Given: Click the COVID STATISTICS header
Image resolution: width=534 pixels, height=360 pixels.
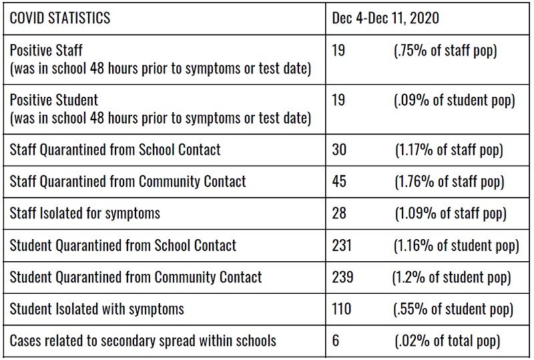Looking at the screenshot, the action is click(60, 18).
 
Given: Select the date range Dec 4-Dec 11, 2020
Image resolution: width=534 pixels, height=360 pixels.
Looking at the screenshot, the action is click(386, 18).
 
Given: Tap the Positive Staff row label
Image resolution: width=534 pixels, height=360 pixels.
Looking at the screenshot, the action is click(46, 51).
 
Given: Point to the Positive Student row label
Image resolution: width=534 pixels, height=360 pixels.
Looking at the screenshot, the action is click(54, 100).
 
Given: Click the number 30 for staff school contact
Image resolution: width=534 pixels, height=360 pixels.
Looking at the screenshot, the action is click(339, 150).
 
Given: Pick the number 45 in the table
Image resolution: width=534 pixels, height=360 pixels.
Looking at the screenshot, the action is click(339, 182).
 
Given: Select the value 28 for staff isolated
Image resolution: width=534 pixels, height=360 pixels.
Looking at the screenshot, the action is click(339, 213).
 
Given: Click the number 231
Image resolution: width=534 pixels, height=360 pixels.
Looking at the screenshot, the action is click(342, 245).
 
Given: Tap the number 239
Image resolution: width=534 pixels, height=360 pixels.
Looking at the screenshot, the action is click(342, 277).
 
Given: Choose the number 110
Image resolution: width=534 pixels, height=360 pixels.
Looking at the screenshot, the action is click(342, 309).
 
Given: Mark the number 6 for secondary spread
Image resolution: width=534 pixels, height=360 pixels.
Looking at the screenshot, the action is click(336, 341).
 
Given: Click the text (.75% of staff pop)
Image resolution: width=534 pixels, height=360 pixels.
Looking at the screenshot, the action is click(445, 51).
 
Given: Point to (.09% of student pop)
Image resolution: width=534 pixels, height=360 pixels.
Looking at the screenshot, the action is click(455, 101).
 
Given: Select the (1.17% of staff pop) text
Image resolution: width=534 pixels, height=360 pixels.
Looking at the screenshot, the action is click(449, 150).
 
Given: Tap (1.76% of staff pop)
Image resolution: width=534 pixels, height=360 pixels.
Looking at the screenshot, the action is click(449, 182).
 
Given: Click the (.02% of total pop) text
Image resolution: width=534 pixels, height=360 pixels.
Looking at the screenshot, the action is click(447, 341).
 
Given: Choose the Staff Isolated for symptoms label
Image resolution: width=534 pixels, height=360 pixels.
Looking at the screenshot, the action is click(85, 214).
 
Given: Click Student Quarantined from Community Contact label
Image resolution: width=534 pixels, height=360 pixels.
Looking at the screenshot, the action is click(136, 277).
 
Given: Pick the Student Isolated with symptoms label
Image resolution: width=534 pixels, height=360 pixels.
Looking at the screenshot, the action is click(97, 309).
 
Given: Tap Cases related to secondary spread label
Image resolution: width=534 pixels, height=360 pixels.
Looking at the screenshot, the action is click(143, 341).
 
